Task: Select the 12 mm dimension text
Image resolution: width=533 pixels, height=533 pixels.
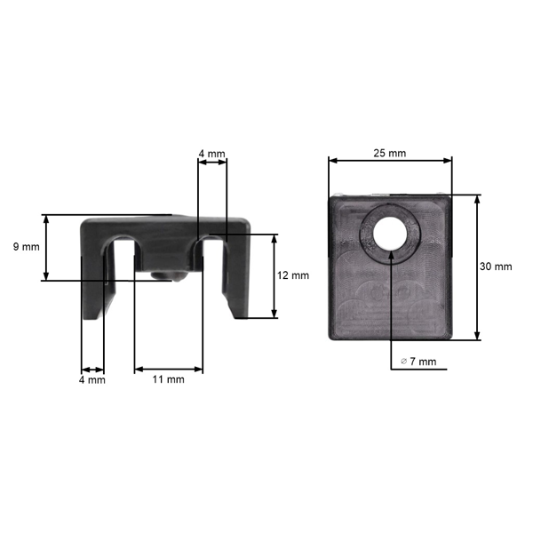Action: [293, 275]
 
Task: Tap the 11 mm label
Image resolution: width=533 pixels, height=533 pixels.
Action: [169, 379]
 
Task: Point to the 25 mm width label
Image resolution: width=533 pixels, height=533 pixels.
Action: [390, 153]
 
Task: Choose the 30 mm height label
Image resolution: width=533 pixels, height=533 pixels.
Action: [496, 266]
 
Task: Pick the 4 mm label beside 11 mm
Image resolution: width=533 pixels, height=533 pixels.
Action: [91, 379]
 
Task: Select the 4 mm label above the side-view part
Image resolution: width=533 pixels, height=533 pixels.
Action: [211, 154]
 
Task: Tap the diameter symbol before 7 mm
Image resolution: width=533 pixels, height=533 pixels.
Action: [404, 362]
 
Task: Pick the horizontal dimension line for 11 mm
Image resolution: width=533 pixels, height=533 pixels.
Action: [169, 369]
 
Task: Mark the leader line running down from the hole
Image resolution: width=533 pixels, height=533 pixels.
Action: [391, 311]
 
